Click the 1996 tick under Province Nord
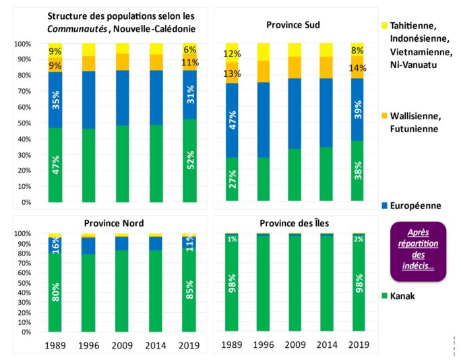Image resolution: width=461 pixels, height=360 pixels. (90, 344)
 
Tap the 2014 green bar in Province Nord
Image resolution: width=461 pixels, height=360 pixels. (156, 291)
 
